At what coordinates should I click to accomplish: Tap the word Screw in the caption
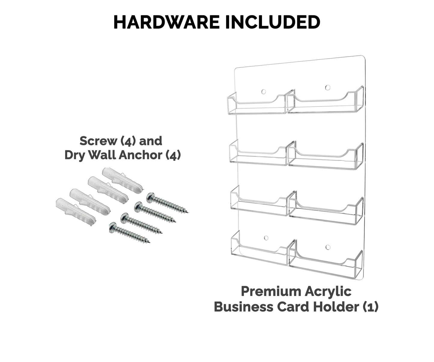(98, 141)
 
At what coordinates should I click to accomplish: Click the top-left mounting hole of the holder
(263, 91)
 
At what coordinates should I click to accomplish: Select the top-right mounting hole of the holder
(328, 87)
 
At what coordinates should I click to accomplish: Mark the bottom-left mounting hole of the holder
(266, 238)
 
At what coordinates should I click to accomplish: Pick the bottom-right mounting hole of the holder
(328, 247)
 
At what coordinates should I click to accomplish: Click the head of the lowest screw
(113, 226)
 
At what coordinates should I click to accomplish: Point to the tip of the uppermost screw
(187, 212)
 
